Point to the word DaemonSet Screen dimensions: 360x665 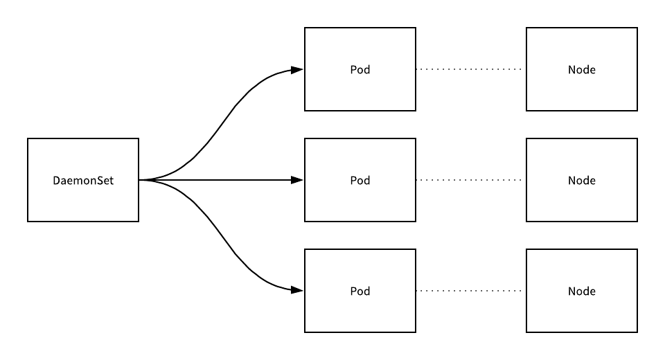[83, 181]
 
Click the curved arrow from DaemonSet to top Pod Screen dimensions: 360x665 [222, 125]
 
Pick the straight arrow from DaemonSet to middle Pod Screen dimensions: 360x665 [222, 180]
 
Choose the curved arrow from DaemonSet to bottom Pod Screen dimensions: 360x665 [222, 235]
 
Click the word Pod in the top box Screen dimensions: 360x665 [360, 70]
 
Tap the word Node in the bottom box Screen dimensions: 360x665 [582, 291]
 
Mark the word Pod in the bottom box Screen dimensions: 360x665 [360, 291]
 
